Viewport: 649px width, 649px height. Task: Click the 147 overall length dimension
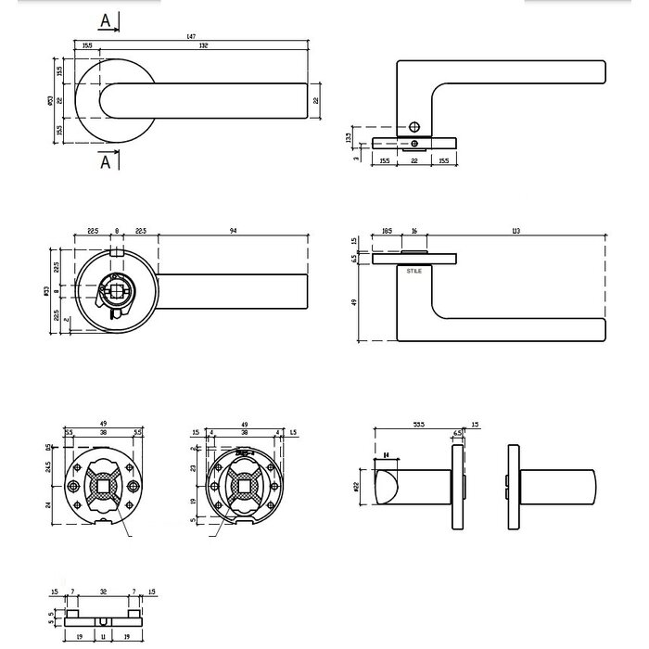[192, 35]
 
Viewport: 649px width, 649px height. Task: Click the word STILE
[414, 271]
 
